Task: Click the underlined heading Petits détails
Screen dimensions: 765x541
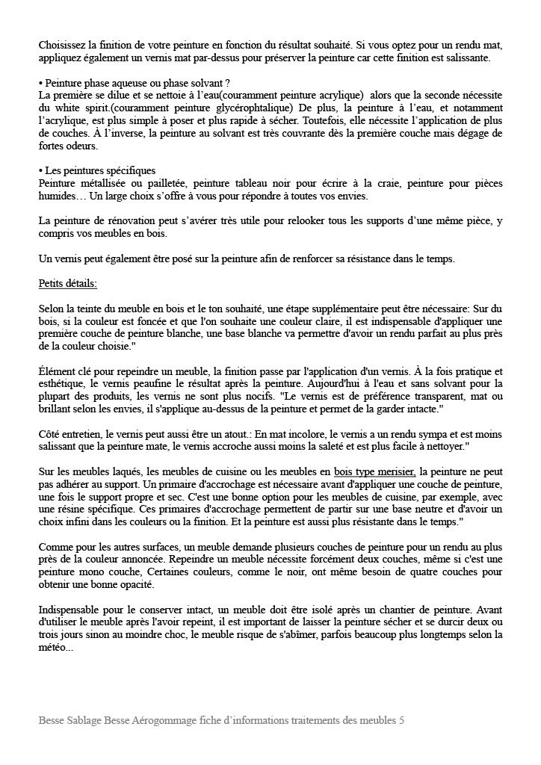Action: point(67,284)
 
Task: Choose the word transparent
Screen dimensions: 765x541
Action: point(426,397)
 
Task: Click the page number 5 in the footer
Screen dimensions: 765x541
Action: point(401,722)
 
